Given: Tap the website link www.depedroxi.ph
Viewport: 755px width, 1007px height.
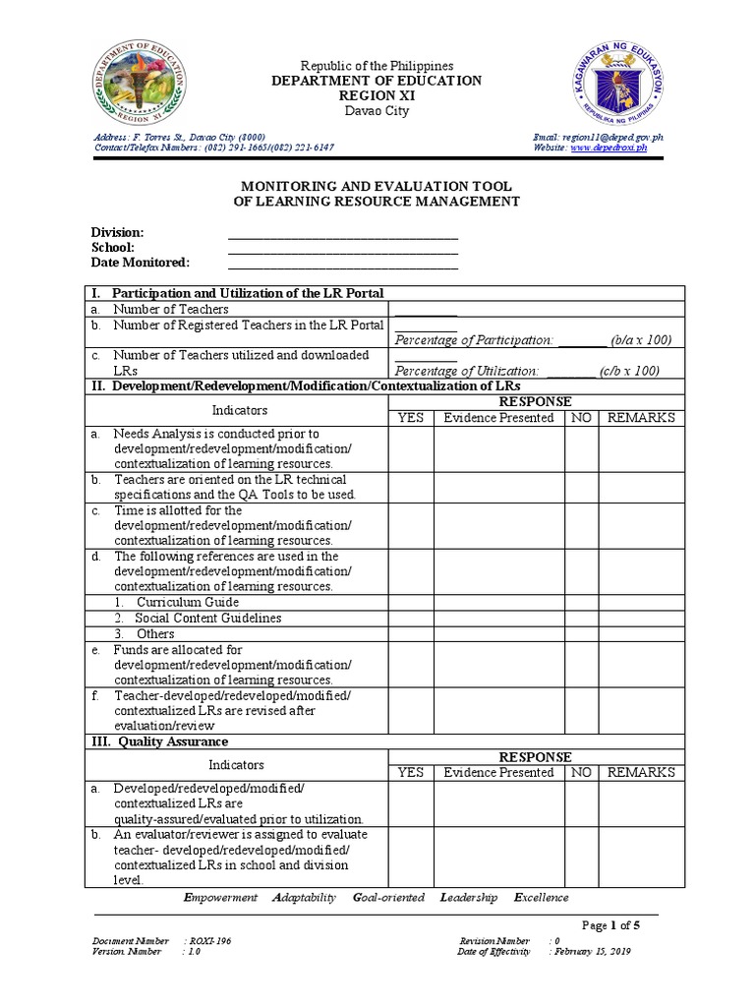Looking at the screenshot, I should tap(609, 148).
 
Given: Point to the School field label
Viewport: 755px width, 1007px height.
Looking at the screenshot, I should tap(113, 248).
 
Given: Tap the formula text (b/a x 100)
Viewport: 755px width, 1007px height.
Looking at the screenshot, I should tap(640, 339).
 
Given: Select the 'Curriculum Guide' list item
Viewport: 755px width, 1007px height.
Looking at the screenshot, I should tap(187, 602).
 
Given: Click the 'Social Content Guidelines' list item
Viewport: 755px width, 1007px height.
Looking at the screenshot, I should tap(208, 618).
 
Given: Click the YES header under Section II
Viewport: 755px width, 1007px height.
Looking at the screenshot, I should tap(411, 417).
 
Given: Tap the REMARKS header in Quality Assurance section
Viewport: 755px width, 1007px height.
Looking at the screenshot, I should tap(641, 772).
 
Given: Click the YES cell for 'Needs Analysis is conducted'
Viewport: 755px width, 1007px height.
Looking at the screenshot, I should tap(411, 448).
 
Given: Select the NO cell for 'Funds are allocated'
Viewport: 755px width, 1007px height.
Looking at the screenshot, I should tap(581, 665).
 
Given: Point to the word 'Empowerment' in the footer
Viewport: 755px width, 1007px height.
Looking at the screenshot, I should tap(221, 897).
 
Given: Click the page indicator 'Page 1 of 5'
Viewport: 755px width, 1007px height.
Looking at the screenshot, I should tap(610, 925).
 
